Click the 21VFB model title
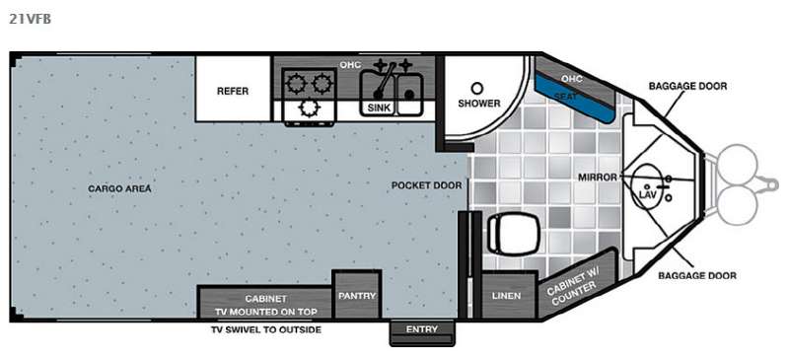[30, 19]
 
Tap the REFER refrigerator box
[234, 89]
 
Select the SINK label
[379, 108]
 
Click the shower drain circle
[476, 89]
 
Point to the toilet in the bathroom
[514, 233]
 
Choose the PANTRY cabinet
[357, 295]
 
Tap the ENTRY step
[422, 333]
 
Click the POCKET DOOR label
[426, 185]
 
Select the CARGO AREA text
[119, 188]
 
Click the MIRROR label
[598, 178]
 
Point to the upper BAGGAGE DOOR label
[687, 86]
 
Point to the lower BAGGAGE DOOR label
[697, 275]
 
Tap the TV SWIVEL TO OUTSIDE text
[265, 329]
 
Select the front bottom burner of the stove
[309, 108]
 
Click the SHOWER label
[479, 104]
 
